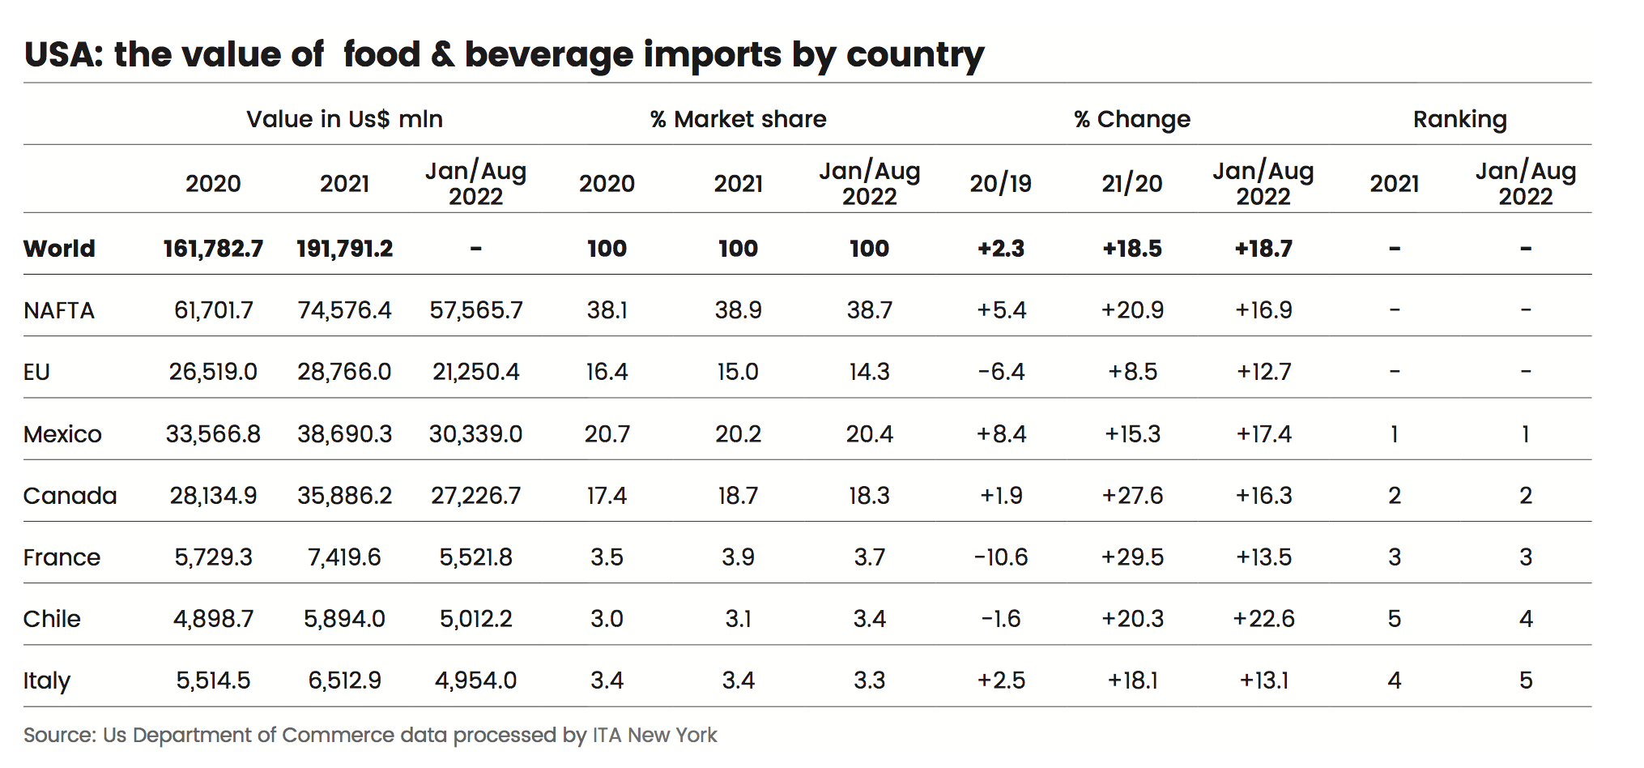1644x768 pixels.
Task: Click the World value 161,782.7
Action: (x=213, y=249)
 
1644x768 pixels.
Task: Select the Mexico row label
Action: (x=62, y=434)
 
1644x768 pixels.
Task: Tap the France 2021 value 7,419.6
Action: (x=344, y=557)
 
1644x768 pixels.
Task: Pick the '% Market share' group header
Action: (x=738, y=119)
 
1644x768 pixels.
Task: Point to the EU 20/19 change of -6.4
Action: (x=1001, y=372)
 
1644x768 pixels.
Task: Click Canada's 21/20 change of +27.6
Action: (x=1132, y=496)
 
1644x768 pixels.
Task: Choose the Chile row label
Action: (x=52, y=619)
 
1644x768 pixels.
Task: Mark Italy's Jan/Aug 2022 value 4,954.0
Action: (x=475, y=681)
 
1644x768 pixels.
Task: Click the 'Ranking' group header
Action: (x=1459, y=119)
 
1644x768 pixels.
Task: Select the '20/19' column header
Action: (x=1001, y=184)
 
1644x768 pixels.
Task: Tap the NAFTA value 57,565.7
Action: (x=475, y=310)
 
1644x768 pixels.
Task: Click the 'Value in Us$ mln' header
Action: (x=344, y=119)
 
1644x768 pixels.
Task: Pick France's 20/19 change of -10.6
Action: (x=1001, y=557)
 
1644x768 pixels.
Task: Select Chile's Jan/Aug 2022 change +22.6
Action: (x=1263, y=619)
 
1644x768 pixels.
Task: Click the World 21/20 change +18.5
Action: (x=1132, y=249)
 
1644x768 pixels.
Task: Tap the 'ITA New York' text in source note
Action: (x=654, y=735)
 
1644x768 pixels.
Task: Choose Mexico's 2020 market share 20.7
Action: (x=607, y=434)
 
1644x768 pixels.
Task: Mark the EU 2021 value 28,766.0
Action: (x=344, y=372)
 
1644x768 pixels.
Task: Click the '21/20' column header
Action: (x=1132, y=184)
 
